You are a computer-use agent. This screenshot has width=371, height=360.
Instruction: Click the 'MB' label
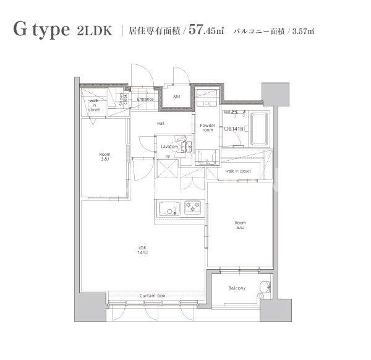[176, 96]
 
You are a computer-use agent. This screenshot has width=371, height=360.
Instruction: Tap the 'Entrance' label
[145, 99]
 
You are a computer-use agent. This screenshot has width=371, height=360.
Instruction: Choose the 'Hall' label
[161, 124]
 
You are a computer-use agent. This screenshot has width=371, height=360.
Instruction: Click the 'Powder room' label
[207, 127]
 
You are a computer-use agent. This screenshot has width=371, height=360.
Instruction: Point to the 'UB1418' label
[233, 129]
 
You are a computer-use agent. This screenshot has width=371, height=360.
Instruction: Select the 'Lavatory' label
[169, 147]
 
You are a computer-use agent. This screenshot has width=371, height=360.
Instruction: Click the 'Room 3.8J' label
[104, 157]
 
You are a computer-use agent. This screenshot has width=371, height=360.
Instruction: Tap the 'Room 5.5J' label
[240, 225]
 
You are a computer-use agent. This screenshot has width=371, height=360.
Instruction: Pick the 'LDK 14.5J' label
[142, 250]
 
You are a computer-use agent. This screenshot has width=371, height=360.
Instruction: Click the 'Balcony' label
[237, 288]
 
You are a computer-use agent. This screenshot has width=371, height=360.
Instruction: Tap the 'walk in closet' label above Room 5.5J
[238, 171]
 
